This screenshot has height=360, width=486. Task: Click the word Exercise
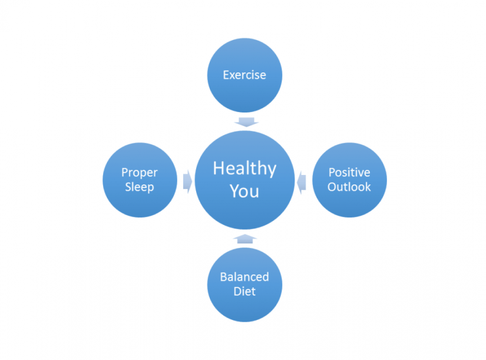244,75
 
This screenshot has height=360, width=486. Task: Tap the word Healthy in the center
244,169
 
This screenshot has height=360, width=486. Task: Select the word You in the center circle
244,191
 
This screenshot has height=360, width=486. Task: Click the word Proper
140,173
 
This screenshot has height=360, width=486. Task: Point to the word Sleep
140,187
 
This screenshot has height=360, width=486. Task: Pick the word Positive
349,173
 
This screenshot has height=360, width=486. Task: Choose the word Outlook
349,187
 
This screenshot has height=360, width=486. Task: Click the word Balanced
244,277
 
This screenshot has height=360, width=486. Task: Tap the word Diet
244,292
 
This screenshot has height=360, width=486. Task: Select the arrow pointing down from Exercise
246,122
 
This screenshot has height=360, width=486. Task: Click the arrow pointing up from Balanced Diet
245,239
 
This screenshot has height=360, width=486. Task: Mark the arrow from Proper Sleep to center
187,181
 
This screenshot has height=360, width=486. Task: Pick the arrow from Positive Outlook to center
302,183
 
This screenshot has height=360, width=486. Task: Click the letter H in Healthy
219,168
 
